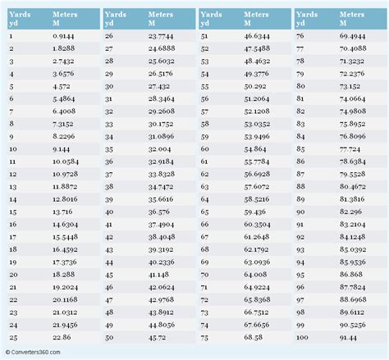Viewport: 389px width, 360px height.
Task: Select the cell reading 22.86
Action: point(62,335)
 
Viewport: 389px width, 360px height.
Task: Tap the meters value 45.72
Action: point(158,335)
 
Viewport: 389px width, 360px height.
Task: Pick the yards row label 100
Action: point(302,335)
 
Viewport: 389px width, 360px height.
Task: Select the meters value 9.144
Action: point(62,150)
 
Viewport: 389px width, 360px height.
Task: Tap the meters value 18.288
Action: point(62,274)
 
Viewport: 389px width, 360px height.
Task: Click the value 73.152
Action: point(351,88)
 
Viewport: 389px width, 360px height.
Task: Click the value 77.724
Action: point(351,150)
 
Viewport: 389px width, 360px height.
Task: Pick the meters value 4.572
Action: point(61,88)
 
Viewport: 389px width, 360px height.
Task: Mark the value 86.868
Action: point(351,274)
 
